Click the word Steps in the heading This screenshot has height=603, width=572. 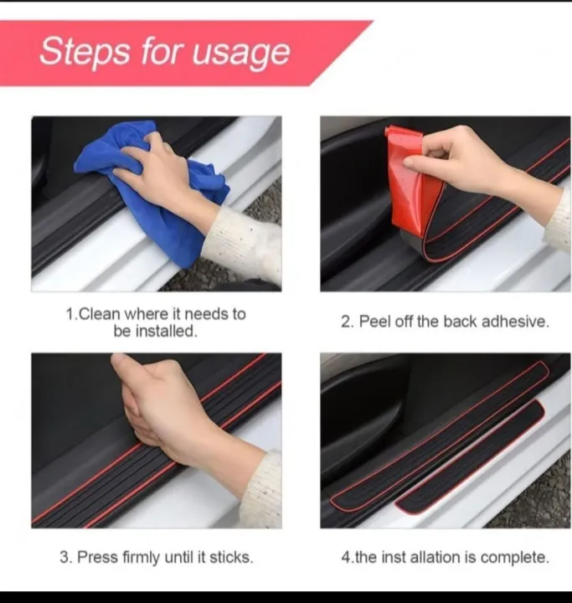coord(84,51)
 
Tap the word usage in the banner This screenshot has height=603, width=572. coord(242,53)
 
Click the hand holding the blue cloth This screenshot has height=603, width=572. coord(155,167)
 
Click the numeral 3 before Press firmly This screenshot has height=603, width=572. coord(64,557)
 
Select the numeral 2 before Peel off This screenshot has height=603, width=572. coord(345,322)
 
